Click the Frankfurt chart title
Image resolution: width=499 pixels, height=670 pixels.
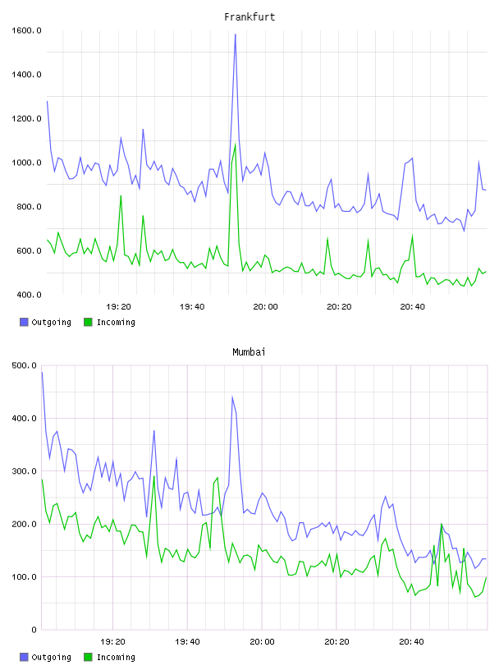tap(249, 17)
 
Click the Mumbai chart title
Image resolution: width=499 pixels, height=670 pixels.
tap(249, 352)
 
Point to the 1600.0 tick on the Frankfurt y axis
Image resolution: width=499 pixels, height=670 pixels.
tap(26, 30)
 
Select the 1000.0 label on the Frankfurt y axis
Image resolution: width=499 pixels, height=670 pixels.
tap(26, 163)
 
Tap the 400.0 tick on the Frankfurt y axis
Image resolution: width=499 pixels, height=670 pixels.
tap(29, 295)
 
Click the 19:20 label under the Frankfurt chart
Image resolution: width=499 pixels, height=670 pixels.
tap(118, 306)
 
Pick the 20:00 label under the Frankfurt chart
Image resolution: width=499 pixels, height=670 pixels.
tap(265, 306)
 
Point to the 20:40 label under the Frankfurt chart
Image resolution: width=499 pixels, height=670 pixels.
tap(412, 306)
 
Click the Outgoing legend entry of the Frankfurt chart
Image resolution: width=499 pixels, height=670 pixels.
tap(45, 322)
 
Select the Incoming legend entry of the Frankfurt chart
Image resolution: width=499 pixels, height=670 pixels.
tap(109, 322)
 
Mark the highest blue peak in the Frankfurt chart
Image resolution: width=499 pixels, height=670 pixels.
tap(235, 34)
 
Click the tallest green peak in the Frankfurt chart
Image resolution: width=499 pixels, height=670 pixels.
tap(235, 145)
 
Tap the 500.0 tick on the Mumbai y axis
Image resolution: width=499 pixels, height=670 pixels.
tap(25, 365)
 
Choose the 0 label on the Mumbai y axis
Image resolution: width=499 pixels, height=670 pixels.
tap(34, 630)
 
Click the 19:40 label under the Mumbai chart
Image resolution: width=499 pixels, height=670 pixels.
tap(187, 641)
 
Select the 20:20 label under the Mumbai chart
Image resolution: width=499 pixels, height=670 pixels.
tap(336, 641)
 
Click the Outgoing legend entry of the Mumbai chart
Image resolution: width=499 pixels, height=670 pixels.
tap(45, 657)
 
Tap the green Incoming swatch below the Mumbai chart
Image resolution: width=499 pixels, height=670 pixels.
tap(88, 657)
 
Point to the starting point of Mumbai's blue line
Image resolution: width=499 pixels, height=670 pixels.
tap(42, 372)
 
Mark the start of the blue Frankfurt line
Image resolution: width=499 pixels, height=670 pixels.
tap(47, 101)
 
